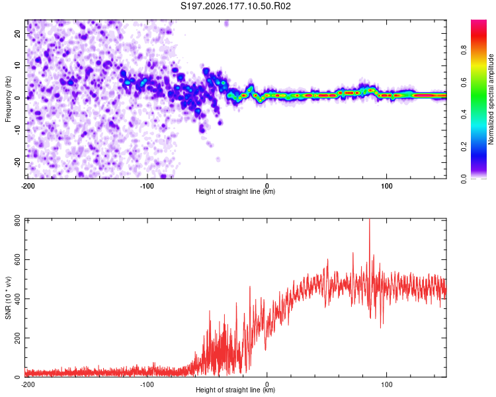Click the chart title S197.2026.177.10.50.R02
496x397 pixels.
coord(235,6)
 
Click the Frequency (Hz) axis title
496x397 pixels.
coord(8,99)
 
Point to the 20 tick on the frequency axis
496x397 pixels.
coord(17,33)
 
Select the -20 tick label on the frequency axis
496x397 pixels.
coord(17,162)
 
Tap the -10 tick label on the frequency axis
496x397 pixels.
coord(17,130)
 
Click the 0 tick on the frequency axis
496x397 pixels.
coord(17,98)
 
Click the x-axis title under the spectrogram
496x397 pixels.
coord(235,191)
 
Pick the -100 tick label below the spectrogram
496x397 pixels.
coord(147,186)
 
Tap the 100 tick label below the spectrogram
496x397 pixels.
coord(387,186)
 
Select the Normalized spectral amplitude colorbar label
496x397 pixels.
coord(491,99)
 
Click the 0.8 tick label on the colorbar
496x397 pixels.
coord(464,50)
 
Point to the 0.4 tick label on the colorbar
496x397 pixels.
coord(464,114)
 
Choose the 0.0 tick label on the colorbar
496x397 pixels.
coord(464,179)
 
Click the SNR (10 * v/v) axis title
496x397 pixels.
coord(8,298)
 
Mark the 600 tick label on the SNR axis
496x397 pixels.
coord(17,259)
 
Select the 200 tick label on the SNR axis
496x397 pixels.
coord(17,338)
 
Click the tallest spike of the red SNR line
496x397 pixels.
coord(370,220)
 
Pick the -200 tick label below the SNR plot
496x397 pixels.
coord(28,384)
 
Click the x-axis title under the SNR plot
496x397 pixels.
coord(235,390)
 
